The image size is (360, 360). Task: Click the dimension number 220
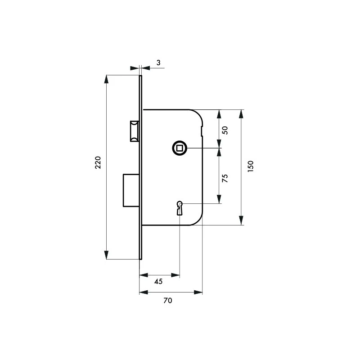98,162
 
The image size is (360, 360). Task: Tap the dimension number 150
251,166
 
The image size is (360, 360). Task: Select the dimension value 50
225,130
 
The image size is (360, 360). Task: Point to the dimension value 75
225,178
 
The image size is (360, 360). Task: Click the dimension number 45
158,281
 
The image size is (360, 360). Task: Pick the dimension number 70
167,300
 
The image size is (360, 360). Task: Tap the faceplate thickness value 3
158,63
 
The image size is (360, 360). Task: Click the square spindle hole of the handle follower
180,148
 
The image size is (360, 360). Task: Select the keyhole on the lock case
180,208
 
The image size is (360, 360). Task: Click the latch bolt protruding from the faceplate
135,131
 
